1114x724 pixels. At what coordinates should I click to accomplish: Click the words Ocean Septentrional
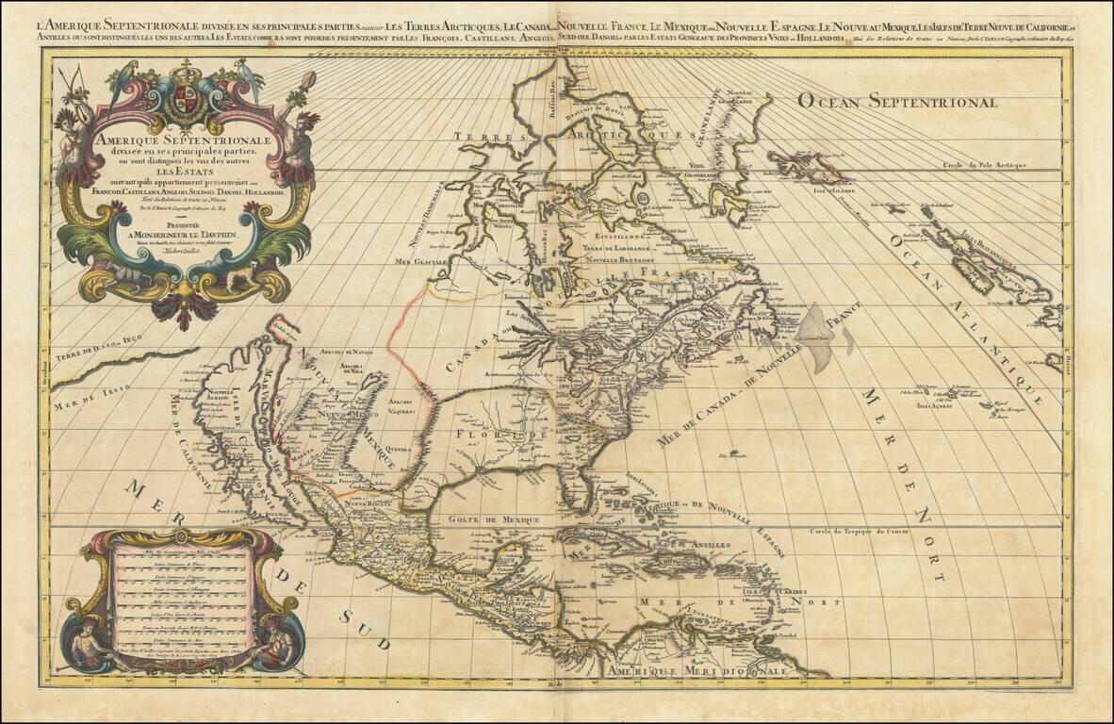click(896, 101)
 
